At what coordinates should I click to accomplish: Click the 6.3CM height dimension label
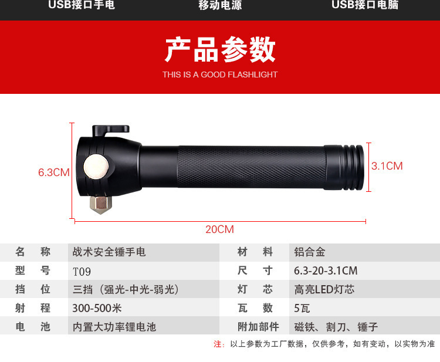pos(54,172)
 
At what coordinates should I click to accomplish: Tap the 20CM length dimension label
pos(220,229)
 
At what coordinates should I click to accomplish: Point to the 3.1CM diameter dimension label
pos(387,166)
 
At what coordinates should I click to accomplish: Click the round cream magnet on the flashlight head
pos(96,167)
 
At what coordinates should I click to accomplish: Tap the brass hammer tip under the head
pos(101,205)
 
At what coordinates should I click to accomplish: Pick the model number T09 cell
pos(82,272)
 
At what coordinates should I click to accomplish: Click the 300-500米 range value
pos(97,308)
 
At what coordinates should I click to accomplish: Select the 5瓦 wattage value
pos(302,309)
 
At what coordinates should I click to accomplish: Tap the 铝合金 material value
pos(310,252)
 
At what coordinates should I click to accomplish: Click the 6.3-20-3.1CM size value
pos(326,271)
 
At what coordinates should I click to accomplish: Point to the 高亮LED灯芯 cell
pos(324,289)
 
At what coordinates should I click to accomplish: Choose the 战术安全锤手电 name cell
pos(109,252)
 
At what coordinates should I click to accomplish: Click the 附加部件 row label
pos(258,327)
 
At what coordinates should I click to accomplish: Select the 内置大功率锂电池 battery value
pos(114,327)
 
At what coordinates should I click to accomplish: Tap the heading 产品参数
pos(220,49)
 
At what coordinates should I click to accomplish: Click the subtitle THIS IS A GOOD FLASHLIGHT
pos(220,75)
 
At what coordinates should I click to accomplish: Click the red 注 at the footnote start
pos(218,344)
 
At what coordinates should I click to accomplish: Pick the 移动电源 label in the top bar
pos(220,5)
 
